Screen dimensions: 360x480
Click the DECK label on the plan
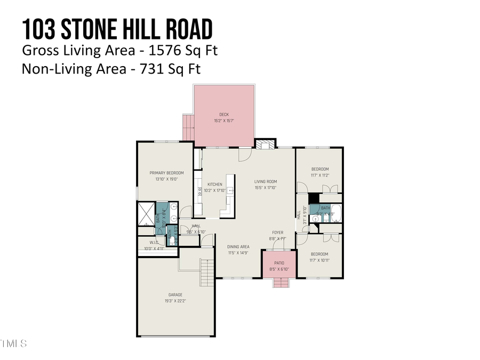(x=224, y=114)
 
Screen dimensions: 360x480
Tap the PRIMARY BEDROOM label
(x=166, y=173)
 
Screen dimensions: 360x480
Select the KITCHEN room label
(x=214, y=185)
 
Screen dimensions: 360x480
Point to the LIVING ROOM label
(x=265, y=181)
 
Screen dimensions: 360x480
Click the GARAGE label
(x=175, y=295)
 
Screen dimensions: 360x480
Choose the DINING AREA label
(x=238, y=247)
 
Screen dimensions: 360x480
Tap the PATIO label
(x=279, y=263)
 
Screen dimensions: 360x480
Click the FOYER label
(x=278, y=233)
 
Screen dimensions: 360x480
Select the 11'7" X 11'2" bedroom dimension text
(x=320, y=175)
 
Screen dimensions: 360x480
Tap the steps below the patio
(x=280, y=283)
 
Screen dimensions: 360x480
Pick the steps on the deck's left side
(x=187, y=127)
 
